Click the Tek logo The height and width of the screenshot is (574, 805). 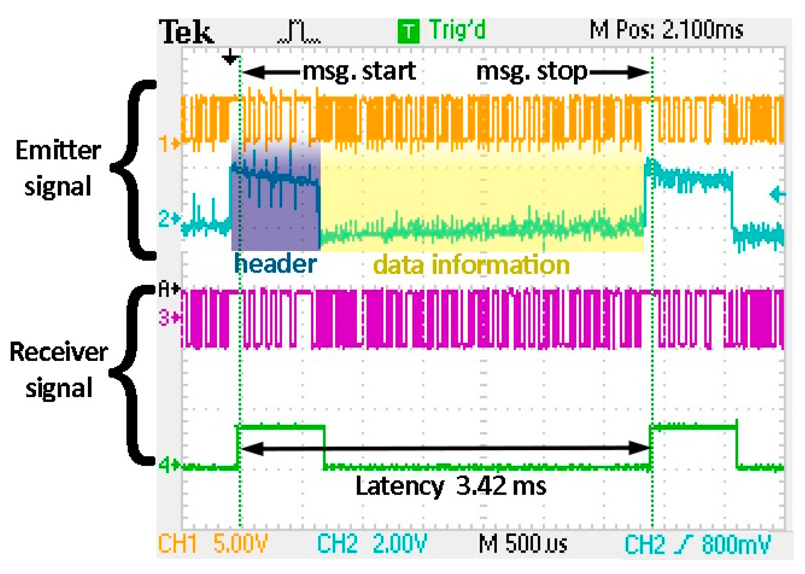[187, 32]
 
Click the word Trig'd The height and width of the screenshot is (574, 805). [457, 30]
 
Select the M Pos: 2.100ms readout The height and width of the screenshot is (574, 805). [666, 30]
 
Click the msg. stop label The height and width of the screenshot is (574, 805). [532, 72]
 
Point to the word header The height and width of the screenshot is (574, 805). [275, 264]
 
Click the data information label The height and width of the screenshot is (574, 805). [471, 265]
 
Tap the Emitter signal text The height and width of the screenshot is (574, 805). [58, 168]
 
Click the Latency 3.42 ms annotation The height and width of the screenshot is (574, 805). [451, 486]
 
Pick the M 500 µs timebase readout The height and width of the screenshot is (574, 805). [523, 544]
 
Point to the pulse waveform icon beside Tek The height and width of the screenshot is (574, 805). [299, 32]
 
